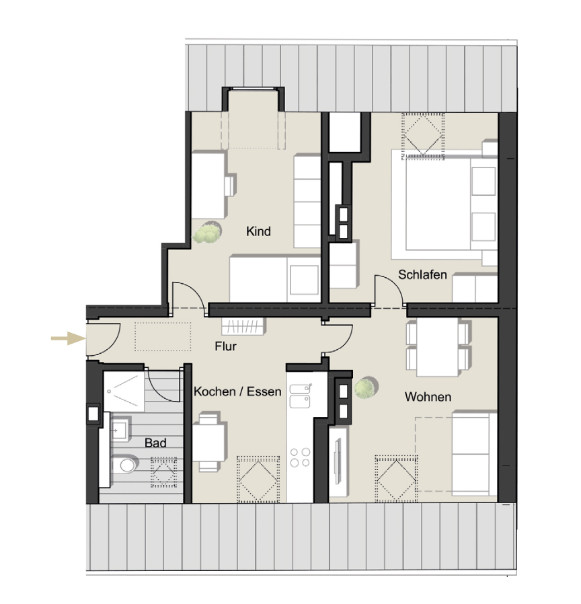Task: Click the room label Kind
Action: pyautogui.click(x=258, y=231)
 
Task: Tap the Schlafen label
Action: pyautogui.click(x=422, y=274)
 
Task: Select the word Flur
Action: pyautogui.click(x=226, y=347)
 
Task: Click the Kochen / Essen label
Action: pyautogui.click(x=237, y=391)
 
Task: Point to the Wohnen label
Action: pyautogui.click(x=428, y=397)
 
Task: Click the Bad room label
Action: pyautogui.click(x=155, y=443)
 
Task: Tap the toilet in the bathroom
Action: pyautogui.click(x=124, y=463)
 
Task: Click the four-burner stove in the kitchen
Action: pyautogui.click(x=300, y=457)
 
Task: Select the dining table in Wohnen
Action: pyautogui.click(x=436, y=346)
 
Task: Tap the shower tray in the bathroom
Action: pyautogui.click(x=125, y=390)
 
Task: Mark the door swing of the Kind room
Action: pyautogui.click(x=186, y=295)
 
